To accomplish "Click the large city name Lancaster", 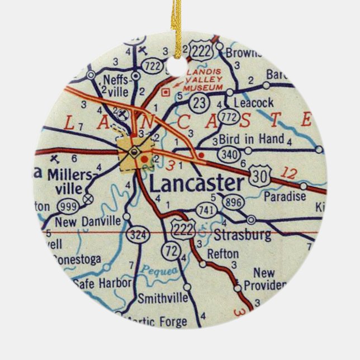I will point(197,183).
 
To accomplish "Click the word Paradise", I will point(285,196).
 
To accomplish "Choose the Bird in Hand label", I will point(252,138).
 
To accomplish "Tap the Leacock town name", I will point(253,103).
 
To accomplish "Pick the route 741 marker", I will point(205,210).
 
